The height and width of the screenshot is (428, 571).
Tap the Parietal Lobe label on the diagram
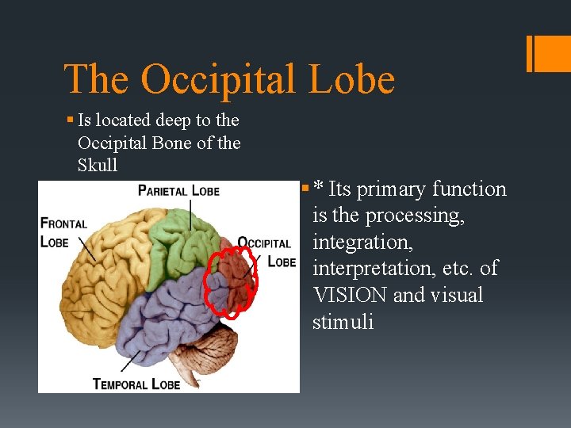coord(178,190)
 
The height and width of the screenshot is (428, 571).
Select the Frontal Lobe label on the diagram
coord(63,232)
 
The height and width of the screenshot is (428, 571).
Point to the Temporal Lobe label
coord(136,384)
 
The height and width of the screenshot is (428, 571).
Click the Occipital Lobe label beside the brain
coord(266,251)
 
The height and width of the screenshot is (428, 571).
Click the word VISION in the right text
coord(350,296)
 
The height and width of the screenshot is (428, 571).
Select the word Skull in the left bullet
coord(98,165)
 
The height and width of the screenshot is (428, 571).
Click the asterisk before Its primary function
coord(318,189)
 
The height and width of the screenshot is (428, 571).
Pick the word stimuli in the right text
coord(343,323)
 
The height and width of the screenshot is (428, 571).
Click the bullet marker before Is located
coord(70,120)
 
